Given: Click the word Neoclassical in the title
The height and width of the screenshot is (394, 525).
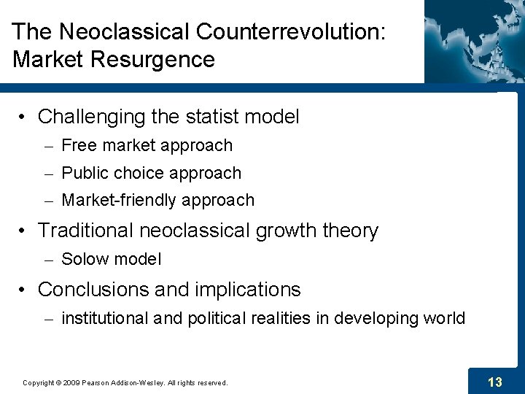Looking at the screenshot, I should (122, 32).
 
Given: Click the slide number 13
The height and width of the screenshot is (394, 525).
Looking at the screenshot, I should (495, 382).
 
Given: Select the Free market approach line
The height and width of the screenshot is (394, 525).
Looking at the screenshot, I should (147, 146).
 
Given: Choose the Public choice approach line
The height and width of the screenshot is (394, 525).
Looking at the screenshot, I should (151, 174).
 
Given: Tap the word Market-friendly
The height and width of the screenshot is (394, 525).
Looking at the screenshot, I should (120, 201).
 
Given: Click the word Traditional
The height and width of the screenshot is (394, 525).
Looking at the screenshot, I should (86, 231).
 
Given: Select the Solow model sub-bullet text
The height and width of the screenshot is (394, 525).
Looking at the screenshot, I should (111, 259).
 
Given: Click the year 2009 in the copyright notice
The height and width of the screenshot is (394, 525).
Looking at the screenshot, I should (71, 382).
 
